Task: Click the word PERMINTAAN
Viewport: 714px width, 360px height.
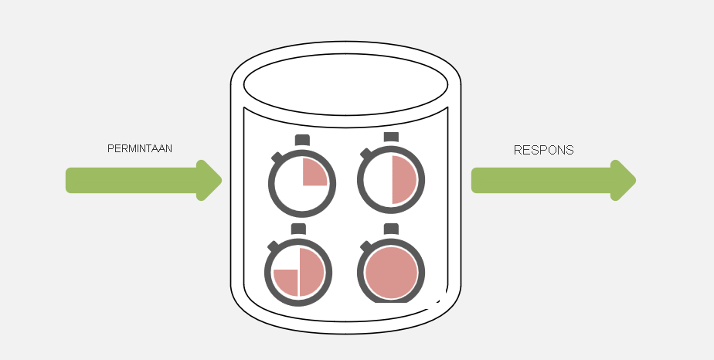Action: [140, 148]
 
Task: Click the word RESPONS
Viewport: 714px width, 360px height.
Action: [544, 150]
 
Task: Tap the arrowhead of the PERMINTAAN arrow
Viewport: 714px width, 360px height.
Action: [209, 180]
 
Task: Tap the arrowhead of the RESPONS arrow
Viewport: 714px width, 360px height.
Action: [624, 180]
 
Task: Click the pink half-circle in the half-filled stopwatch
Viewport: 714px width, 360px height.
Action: [403, 180]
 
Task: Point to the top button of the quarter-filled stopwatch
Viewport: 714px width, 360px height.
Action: [302, 140]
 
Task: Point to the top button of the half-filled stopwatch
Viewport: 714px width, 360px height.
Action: [391, 137]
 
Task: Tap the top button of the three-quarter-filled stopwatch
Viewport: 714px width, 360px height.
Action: [298, 229]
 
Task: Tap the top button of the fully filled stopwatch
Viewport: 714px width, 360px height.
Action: [391, 229]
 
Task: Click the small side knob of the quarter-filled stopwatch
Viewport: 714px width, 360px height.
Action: [277, 157]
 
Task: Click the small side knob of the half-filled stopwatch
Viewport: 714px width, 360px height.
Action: [365, 154]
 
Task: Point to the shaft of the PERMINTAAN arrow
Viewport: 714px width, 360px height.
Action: [131, 180]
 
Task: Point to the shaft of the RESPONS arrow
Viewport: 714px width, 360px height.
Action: [542, 180]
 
